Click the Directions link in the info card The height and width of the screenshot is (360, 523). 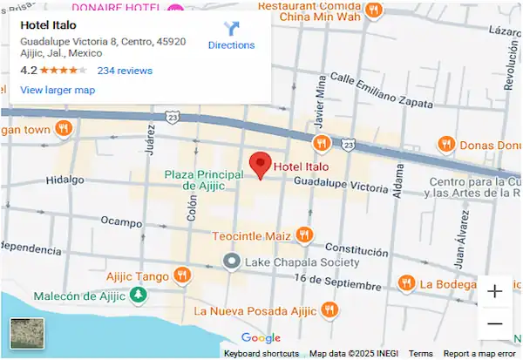(x=231, y=36)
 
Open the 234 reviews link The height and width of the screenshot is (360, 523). (x=125, y=71)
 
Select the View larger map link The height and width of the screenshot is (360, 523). (x=58, y=90)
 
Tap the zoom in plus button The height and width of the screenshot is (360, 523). (x=495, y=292)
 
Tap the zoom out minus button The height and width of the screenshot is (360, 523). (x=495, y=324)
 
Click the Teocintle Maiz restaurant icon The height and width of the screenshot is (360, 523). (x=304, y=234)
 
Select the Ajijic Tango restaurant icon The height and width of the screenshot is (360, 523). (x=182, y=275)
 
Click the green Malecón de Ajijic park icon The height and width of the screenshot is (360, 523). (x=138, y=295)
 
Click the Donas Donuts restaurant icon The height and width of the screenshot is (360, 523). (x=446, y=143)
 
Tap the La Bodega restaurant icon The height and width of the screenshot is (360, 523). (x=405, y=283)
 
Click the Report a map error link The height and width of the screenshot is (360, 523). (x=479, y=354)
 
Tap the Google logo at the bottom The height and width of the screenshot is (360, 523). (x=261, y=338)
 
